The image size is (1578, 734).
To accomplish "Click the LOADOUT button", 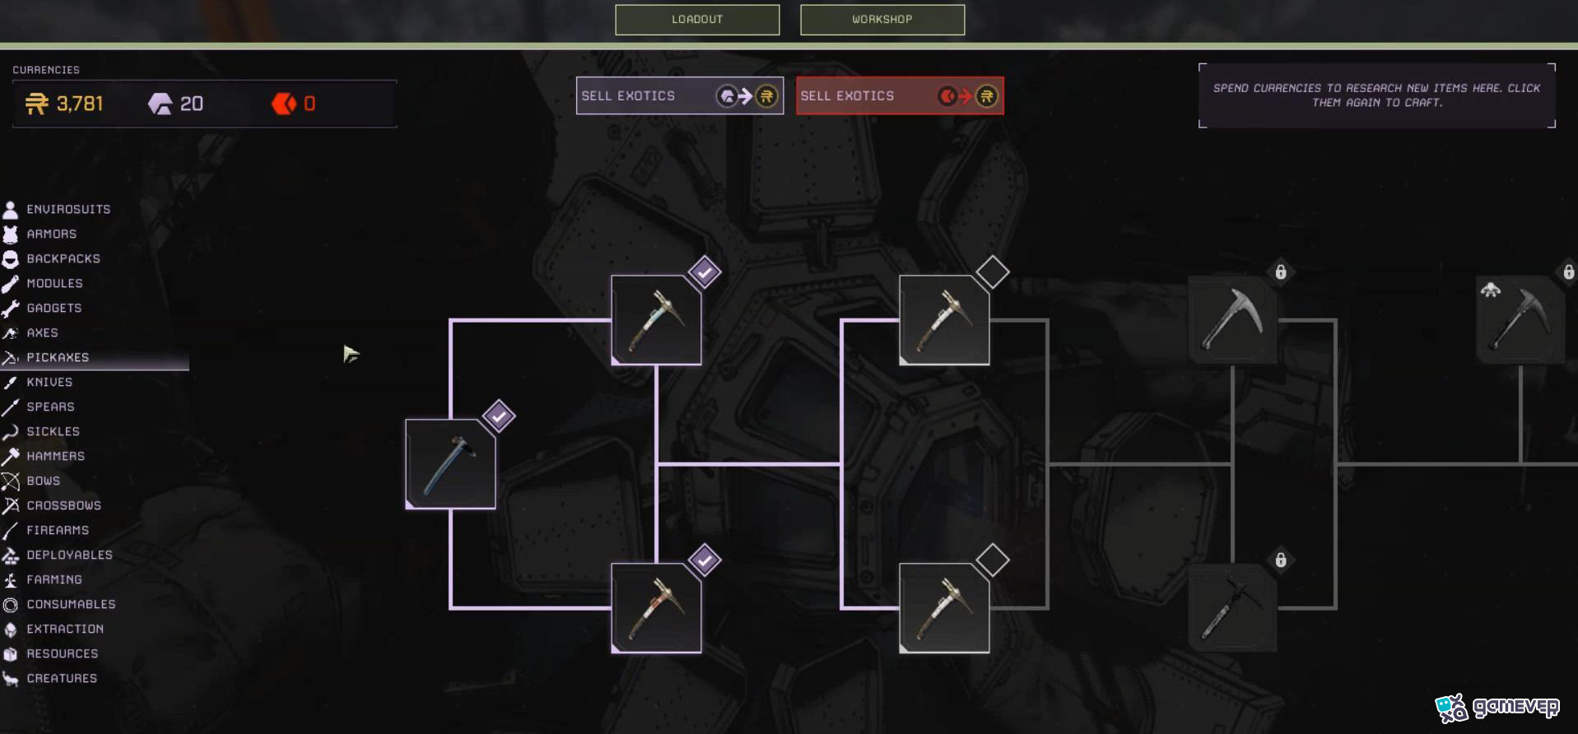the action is pyautogui.click(x=697, y=20).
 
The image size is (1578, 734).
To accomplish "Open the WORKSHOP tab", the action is pyautogui.click(x=882, y=20).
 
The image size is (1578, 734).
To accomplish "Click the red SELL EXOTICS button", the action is pyautogui.click(x=900, y=96).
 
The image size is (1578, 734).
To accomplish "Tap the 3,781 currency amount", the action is pyautogui.click(x=80, y=104).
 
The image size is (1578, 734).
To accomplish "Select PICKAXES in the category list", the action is pyautogui.click(x=58, y=357).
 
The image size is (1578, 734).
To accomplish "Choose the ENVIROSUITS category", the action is pyautogui.click(x=68, y=209).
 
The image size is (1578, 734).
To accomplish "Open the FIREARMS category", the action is pyautogui.click(x=58, y=530).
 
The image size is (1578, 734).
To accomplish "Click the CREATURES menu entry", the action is pyautogui.click(x=62, y=678).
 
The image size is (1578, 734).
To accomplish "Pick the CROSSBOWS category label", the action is pyautogui.click(x=64, y=505).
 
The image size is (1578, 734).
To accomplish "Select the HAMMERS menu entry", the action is pyautogui.click(x=56, y=456).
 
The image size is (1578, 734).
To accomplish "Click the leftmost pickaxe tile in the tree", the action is pyautogui.click(x=450, y=464).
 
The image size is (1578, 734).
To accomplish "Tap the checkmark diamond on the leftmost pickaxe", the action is pyautogui.click(x=499, y=416).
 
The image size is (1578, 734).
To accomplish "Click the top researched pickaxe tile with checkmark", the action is pyautogui.click(x=656, y=320).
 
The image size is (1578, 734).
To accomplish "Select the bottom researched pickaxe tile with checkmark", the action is pyautogui.click(x=656, y=608).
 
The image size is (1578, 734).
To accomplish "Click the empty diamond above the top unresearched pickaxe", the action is pyautogui.click(x=993, y=272).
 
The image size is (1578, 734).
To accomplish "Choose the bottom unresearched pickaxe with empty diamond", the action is pyautogui.click(x=944, y=608).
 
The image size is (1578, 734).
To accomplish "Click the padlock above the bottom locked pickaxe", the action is pyautogui.click(x=1281, y=560).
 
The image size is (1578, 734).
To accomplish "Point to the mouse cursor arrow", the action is pyautogui.click(x=351, y=354).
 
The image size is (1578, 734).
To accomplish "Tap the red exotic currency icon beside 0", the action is pyautogui.click(x=284, y=104).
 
